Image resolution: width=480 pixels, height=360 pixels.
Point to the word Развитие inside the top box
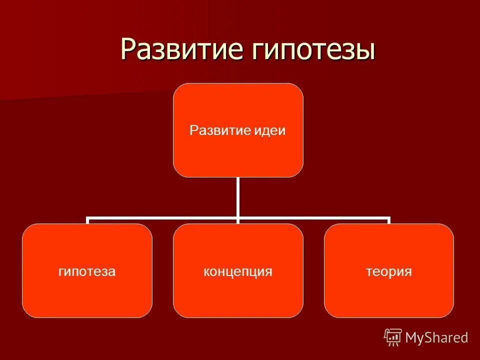point(218,131)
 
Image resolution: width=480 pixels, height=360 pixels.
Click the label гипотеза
point(87,271)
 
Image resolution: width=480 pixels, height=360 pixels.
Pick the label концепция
point(238,271)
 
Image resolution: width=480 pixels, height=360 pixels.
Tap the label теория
point(389,271)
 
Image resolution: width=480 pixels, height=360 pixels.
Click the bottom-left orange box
point(87,295)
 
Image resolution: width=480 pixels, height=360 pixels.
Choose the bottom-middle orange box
point(238,295)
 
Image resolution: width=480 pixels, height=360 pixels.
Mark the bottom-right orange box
point(389,295)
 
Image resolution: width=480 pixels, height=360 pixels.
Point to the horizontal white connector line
point(160,218)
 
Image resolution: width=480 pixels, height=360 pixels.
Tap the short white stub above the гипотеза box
point(87,221)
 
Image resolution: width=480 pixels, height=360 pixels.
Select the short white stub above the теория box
point(388,221)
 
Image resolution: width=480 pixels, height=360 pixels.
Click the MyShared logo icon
point(393,337)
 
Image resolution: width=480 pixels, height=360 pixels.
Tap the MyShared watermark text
point(436,338)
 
